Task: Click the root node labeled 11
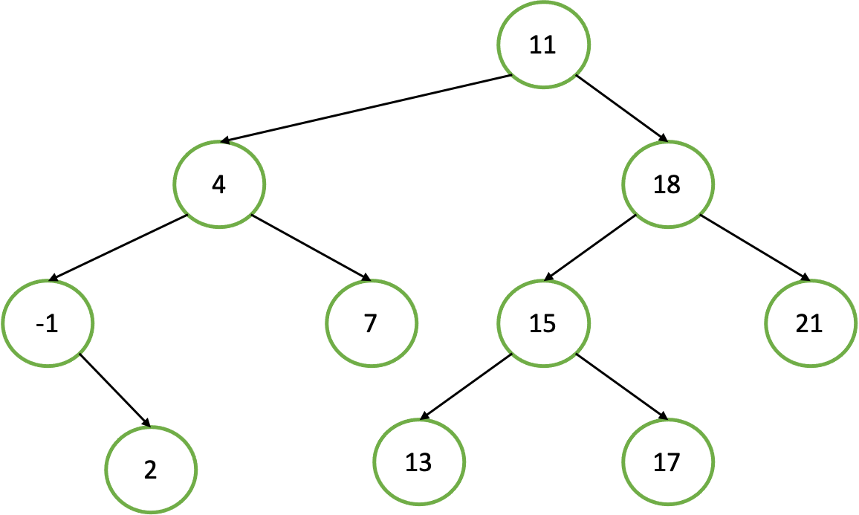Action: (x=543, y=45)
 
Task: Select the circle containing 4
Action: (x=219, y=184)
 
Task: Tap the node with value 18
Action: (x=667, y=184)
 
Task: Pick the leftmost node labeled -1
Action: (x=48, y=324)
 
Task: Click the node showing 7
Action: (x=371, y=324)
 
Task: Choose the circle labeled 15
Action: (x=543, y=324)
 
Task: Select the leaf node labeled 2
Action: (x=151, y=470)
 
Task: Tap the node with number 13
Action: (x=418, y=462)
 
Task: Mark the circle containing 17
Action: (x=667, y=462)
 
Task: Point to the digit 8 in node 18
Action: (x=674, y=184)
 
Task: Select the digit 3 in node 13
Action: (x=425, y=463)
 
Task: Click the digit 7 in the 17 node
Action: (x=674, y=463)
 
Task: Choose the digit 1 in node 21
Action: (x=817, y=324)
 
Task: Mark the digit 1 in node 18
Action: (x=659, y=184)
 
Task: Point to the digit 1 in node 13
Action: (x=411, y=463)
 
